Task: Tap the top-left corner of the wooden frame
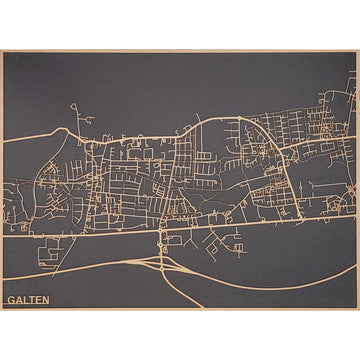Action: [2, 51]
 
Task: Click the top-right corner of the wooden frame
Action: [357, 51]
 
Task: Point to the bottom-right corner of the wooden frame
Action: [357, 309]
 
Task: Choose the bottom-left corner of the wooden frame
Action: [2, 309]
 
